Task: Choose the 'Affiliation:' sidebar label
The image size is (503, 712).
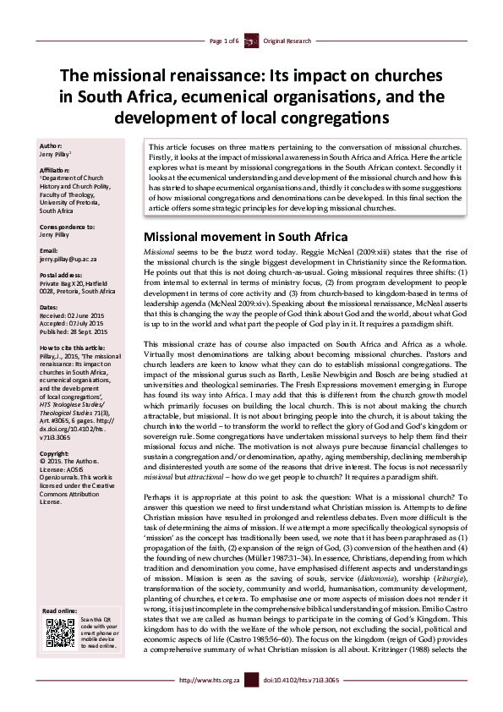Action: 57,170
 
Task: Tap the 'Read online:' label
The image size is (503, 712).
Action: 60,611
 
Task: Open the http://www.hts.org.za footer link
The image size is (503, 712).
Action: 199,703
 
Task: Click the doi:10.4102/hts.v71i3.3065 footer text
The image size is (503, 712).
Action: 302,703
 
